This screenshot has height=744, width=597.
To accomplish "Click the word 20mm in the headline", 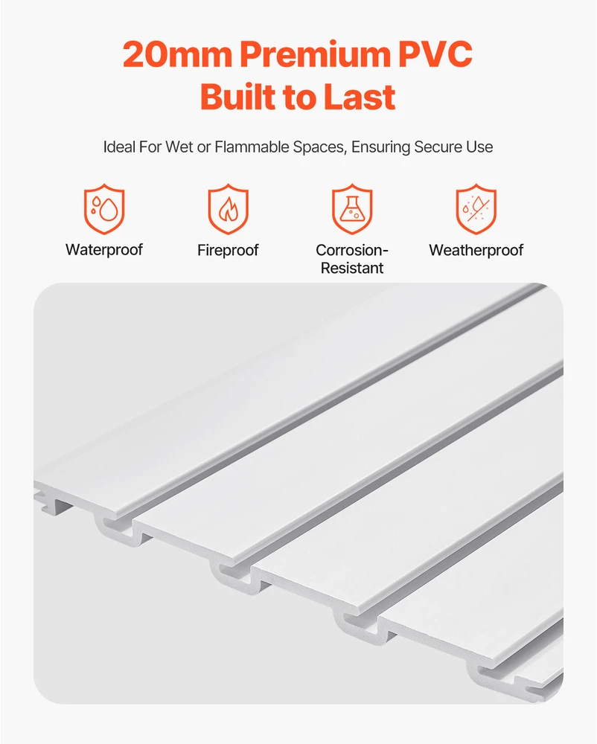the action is click(177, 54).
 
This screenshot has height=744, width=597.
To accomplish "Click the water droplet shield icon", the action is click(104, 209).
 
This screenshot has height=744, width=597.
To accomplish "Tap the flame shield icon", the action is click(229, 209).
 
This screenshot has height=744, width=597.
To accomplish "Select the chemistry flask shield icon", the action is click(352, 209).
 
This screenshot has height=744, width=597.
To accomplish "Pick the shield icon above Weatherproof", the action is click(476, 209).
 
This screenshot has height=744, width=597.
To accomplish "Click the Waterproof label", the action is click(104, 250).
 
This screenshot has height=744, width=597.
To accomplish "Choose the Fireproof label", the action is click(229, 250).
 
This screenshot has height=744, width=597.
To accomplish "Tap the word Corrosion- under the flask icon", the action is click(352, 250).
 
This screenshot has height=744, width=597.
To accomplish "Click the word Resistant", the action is click(352, 268).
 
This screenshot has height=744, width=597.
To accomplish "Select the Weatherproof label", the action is click(476, 250).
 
